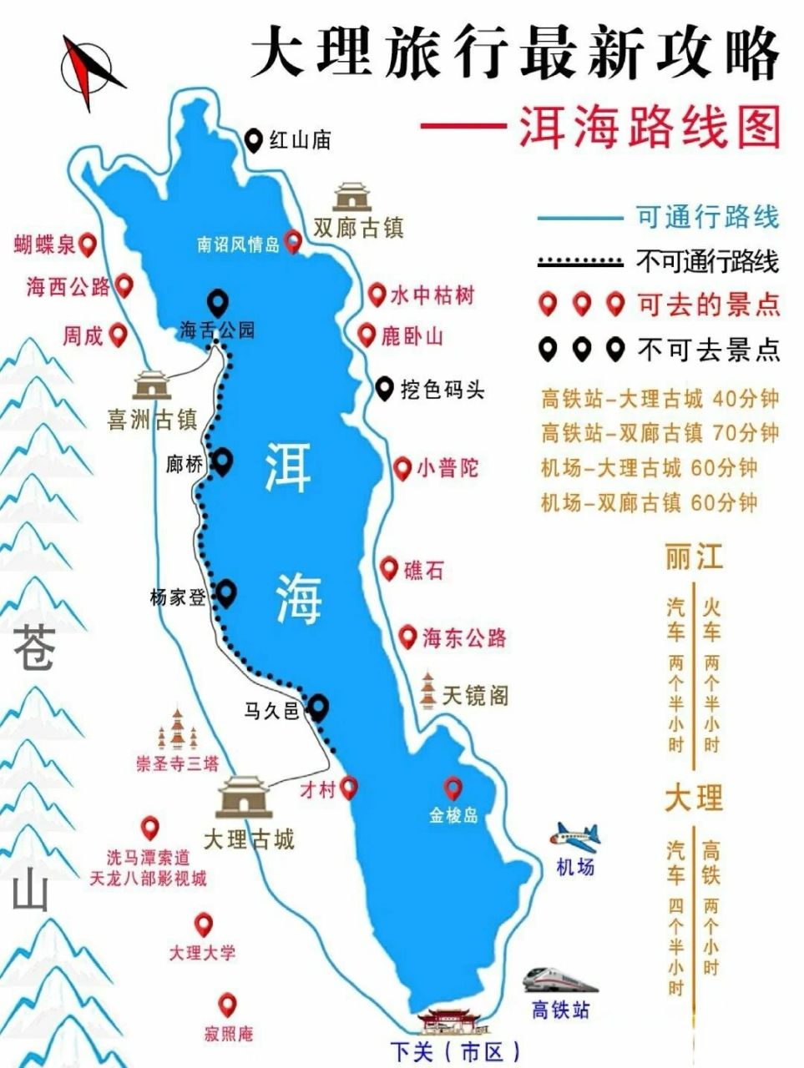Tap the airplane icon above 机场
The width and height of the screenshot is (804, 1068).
[574, 835]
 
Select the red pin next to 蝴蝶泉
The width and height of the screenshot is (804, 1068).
[87, 245]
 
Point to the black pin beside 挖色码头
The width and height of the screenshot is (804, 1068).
[384, 388]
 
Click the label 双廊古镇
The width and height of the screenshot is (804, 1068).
[358, 228]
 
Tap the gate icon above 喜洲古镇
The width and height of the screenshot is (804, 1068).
[152, 385]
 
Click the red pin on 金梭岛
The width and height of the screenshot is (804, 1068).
[453, 787]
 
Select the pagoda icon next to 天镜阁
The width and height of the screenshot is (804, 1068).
[427, 690]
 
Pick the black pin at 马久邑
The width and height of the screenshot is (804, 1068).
[318, 708]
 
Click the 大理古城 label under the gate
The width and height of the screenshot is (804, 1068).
[249, 839]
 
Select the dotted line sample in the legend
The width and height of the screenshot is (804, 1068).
[581, 262]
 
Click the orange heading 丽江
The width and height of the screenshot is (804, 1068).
[693, 557]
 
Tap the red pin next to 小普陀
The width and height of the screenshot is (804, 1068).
[402, 468]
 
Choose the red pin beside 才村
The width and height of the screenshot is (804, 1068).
[349, 787]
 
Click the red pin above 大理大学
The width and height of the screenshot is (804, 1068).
[203, 924]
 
